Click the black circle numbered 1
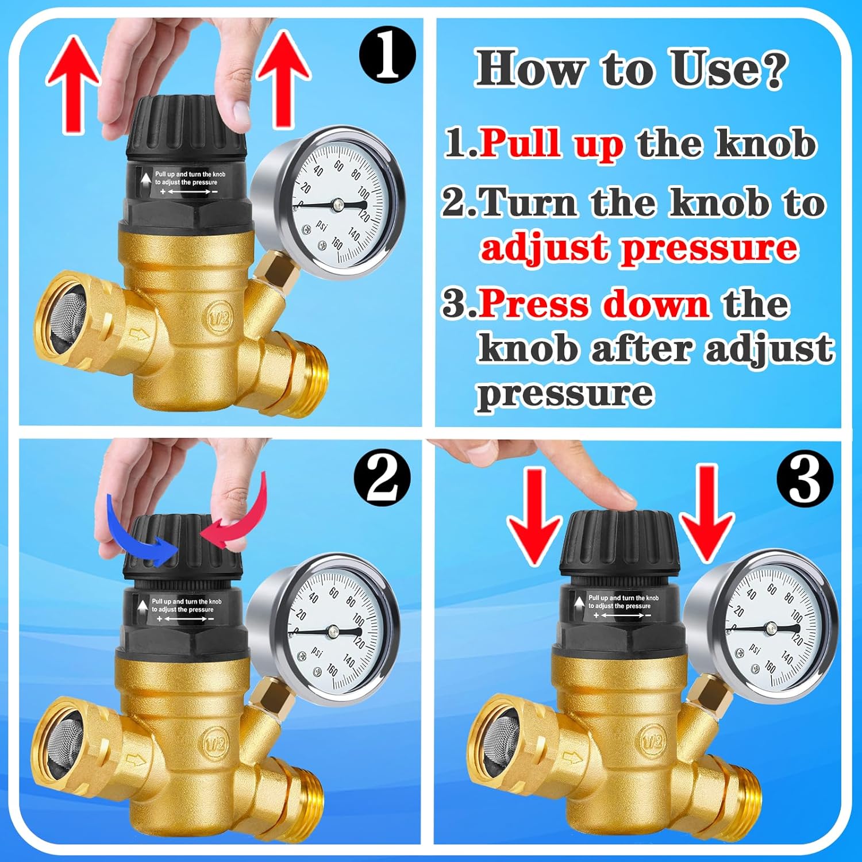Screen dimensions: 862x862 pos(387,56)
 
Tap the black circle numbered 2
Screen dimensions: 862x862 pos(382,477)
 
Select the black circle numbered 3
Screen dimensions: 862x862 pos(805,478)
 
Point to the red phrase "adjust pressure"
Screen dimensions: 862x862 pos(639,248)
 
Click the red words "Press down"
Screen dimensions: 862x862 pos(594,303)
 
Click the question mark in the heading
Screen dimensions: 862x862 pos(769,69)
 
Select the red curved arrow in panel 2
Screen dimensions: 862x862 pos(241,517)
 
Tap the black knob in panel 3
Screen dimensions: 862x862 pos(619,546)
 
